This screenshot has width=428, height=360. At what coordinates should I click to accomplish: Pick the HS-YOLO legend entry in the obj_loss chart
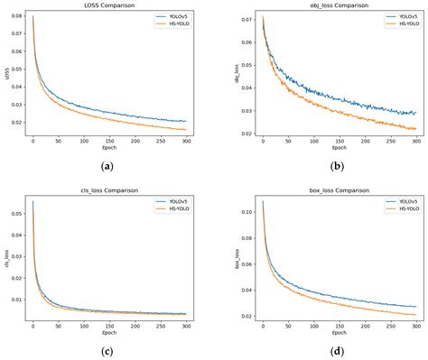click(402, 24)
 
